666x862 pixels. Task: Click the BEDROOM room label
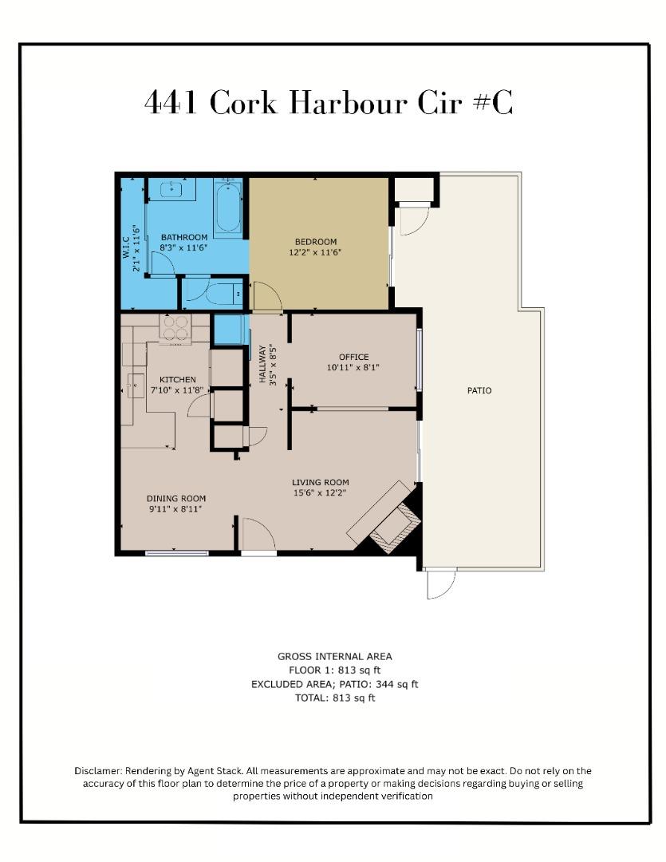pos(316,242)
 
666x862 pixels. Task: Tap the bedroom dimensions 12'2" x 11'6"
pos(316,253)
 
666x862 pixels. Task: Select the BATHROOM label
pos(184,237)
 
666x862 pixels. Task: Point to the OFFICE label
pos(353,357)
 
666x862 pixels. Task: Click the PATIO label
pos(479,390)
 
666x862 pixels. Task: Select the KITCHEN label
pos(177,379)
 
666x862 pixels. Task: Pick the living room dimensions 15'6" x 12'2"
pos(320,492)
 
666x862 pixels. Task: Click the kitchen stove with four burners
pos(178,327)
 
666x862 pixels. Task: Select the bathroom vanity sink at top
pos(174,190)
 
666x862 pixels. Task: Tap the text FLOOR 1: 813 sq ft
pos(334,670)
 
